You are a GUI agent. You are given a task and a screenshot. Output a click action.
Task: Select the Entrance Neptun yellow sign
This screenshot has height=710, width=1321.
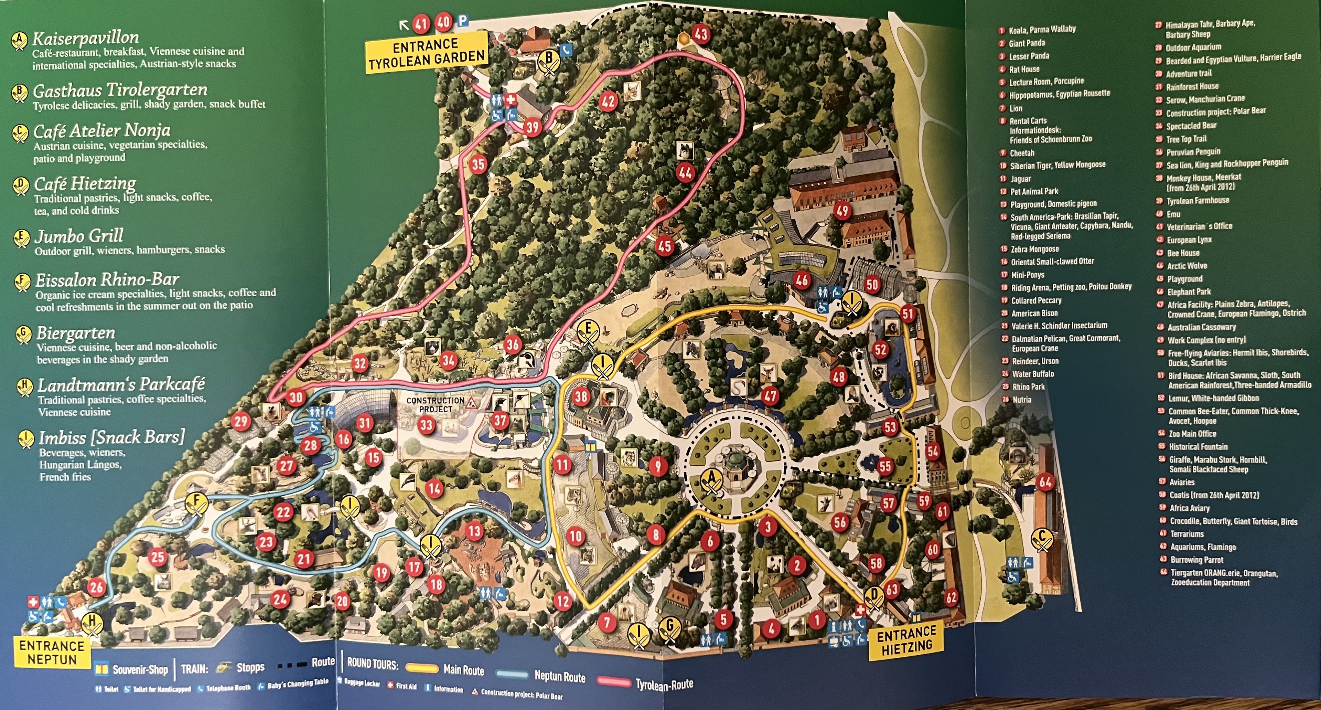(52, 652)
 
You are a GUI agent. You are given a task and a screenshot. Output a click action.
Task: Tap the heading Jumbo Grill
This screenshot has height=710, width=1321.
(79, 236)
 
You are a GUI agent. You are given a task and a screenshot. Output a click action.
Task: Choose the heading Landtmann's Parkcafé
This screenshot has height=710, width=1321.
(121, 384)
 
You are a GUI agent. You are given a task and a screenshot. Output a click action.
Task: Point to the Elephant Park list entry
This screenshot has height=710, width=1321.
(1188, 292)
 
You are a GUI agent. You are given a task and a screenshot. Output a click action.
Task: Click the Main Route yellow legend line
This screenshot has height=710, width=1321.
(421, 668)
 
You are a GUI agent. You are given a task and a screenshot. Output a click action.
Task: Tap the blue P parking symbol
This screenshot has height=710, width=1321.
(463, 22)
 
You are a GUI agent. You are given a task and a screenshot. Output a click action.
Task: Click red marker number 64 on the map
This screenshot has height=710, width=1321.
(1045, 482)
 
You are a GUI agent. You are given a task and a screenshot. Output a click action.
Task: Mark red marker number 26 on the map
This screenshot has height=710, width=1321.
(96, 587)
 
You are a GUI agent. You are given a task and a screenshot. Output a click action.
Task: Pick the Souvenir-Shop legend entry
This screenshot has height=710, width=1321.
(132, 669)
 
